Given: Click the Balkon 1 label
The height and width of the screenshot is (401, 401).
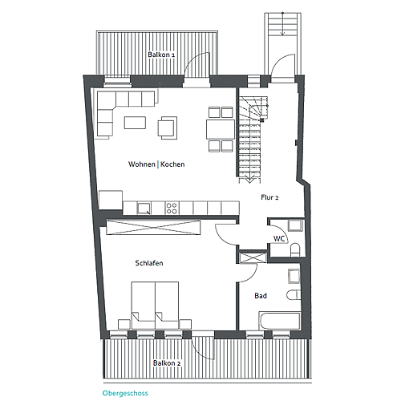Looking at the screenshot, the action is click(161, 55).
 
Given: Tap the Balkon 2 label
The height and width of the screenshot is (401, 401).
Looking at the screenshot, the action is click(167, 363).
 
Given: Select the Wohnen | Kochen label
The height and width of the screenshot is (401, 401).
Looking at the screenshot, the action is click(156, 164).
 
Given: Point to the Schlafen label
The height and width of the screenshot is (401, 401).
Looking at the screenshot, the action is click(149, 263).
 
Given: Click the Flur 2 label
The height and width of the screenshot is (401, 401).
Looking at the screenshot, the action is click(269, 197).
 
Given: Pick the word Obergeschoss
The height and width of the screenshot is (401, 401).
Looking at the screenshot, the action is click(125, 393).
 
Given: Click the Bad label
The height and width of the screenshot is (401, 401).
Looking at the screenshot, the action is click(261, 296).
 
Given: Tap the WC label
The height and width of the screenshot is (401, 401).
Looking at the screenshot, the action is click(279, 238).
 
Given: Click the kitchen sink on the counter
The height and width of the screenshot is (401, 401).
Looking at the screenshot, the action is click(144, 209).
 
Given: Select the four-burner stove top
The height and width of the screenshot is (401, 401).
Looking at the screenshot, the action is click(172, 209).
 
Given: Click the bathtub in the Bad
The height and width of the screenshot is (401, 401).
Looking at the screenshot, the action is click(280, 321).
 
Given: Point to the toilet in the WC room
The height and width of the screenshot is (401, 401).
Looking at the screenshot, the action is click(295, 250).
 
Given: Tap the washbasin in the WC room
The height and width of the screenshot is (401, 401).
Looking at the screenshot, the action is click(295, 225).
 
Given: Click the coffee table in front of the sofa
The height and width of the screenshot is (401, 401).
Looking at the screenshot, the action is click(135, 123).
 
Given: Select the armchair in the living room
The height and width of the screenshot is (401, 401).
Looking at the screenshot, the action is click(168, 128).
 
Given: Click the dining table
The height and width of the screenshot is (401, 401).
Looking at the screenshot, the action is click(221, 129).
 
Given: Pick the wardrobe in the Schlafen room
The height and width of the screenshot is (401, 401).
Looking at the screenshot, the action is click(153, 228).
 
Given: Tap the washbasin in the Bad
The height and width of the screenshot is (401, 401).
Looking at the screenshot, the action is click(294, 276).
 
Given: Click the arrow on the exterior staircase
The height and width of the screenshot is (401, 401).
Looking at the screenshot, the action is click(282, 24).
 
